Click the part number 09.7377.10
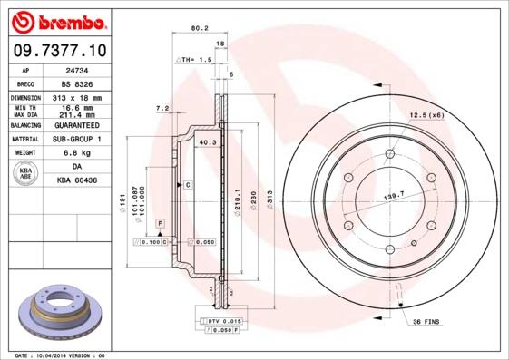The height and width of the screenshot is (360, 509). pos(58,50)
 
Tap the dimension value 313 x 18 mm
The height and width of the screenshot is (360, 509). pos(75,97)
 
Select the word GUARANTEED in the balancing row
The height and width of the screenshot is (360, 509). pos(76,125)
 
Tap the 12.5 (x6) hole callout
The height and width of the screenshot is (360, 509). pos(426,114)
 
